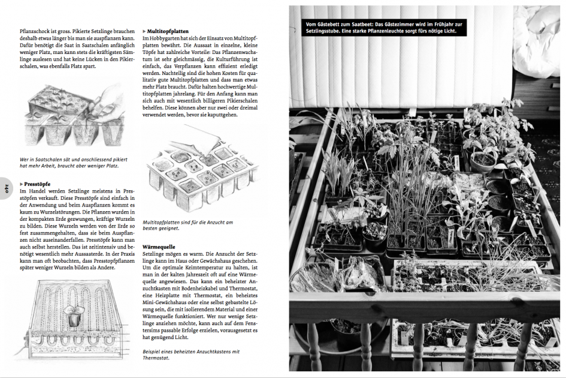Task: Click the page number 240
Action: click(6, 188)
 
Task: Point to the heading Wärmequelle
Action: click(159, 247)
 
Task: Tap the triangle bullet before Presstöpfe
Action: click(22, 184)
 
